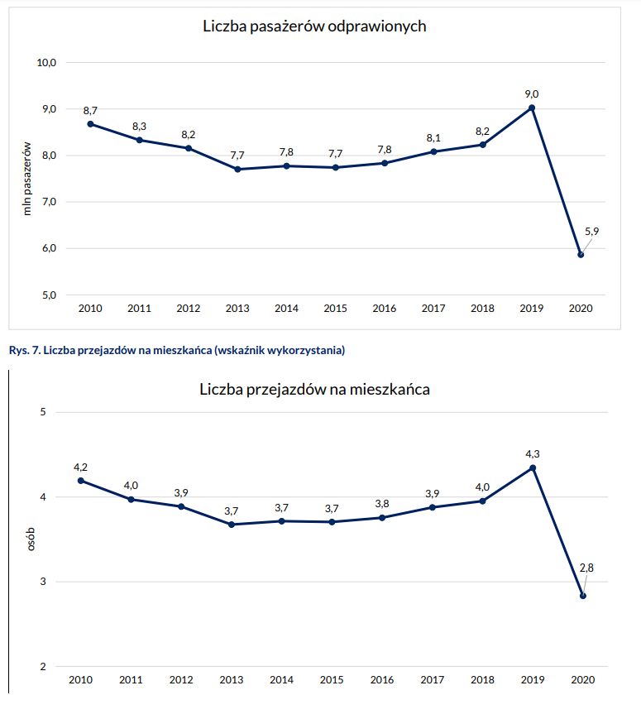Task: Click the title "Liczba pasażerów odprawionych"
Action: (x=314, y=26)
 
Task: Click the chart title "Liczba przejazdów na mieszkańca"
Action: (x=314, y=389)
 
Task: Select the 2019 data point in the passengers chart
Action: (x=531, y=108)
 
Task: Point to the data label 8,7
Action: (x=90, y=110)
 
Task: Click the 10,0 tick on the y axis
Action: (x=46, y=63)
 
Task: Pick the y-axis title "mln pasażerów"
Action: (x=26, y=178)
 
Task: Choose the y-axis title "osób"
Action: (x=26, y=539)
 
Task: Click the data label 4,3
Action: (x=533, y=453)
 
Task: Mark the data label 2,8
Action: (x=587, y=568)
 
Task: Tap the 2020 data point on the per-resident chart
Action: (x=583, y=596)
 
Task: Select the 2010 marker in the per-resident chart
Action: (x=80, y=481)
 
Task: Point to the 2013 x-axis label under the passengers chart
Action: (x=237, y=309)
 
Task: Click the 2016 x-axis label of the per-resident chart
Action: (x=381, y=680)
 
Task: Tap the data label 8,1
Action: (x=433, y=137)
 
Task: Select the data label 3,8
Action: (x=382, y=503)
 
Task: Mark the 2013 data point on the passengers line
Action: (x=237, y=169)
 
